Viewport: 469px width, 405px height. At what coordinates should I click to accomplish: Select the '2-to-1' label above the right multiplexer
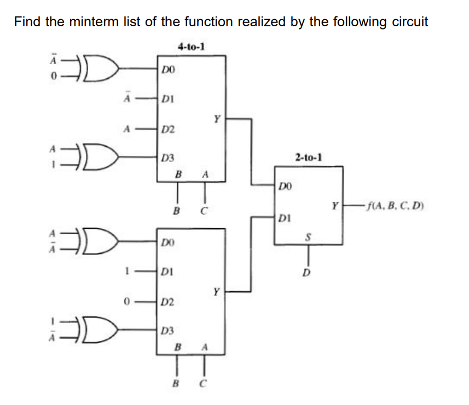tap(309, 158)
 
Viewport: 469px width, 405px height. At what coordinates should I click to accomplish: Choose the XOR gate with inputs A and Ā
tap(102, 240)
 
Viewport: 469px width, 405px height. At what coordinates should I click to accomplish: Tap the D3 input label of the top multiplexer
tap(168, 158)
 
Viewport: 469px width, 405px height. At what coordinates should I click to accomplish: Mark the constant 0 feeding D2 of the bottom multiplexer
tap(126, 300)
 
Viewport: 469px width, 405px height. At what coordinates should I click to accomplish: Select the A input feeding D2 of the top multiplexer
tap(126, 130)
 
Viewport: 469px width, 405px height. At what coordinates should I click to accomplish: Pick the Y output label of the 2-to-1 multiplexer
tap(334, 206)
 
